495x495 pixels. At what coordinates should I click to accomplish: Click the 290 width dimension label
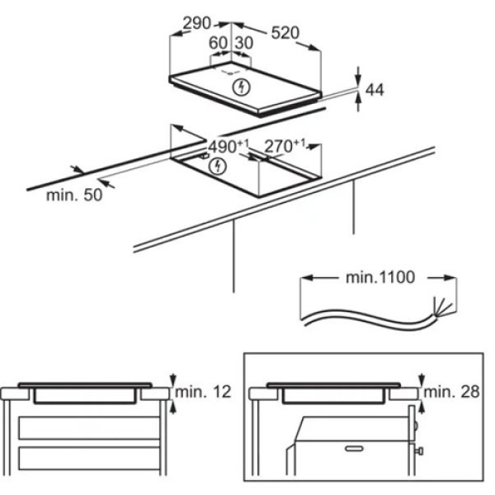[x=196, y=24]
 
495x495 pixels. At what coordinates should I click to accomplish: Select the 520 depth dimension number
[x=285, y=33]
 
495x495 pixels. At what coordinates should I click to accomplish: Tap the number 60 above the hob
[x=218, y=43]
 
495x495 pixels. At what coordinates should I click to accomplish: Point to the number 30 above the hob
[x=244, y=43]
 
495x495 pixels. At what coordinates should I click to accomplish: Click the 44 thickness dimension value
[x=375, y=90]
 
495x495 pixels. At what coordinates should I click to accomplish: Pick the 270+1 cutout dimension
[x=285, y=145]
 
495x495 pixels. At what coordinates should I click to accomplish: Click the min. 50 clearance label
[x=74, y=195]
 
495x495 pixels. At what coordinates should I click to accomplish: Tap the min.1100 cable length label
[x=380, y=278]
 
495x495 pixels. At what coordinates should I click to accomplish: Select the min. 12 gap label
[x=203, y=392]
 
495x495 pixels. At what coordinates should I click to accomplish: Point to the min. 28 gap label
[x=451, y=392]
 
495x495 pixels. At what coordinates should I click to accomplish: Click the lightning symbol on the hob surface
[x=242, y=87]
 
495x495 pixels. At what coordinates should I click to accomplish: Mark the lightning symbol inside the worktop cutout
[x=218, y=166]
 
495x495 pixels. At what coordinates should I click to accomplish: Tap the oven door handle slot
[x=354, y=448]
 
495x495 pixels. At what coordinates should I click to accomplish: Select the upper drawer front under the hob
[x=89, y=427]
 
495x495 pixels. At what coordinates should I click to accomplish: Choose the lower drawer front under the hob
[x=89, y=458]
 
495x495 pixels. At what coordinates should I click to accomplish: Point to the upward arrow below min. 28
[x=422, y=409]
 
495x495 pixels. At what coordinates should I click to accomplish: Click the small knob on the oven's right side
[x=420, y=450]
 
